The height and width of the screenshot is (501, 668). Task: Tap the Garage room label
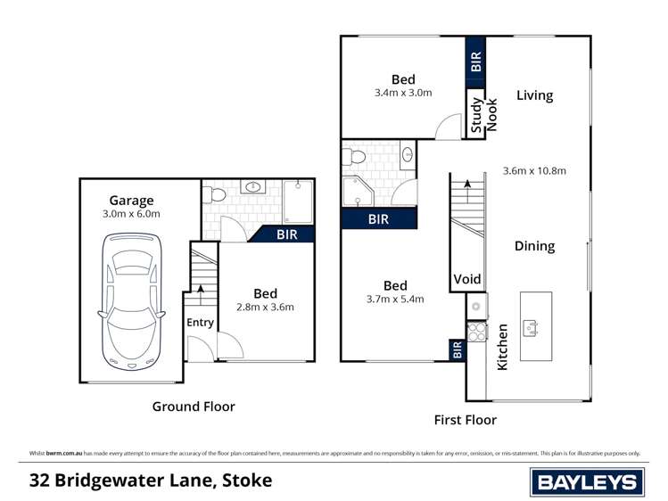click(131, 201)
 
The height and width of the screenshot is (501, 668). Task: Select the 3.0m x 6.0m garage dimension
click(131, 214)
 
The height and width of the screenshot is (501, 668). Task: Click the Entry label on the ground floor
click(200, 323)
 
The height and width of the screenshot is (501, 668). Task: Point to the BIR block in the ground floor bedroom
click(286, 235)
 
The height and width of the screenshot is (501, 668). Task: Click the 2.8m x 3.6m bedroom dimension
click(265, 308)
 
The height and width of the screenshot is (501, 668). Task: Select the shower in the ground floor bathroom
click(298, 201)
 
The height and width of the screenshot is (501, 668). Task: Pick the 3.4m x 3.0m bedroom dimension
click(403, 93)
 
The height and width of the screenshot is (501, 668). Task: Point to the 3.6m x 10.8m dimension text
click(534, 171)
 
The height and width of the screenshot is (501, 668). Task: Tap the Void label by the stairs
click(467, 279)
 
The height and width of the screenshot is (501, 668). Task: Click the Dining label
click(534, 246)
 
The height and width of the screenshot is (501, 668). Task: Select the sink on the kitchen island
click(532, 328)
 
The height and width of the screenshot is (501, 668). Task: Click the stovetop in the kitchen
click(475, 333)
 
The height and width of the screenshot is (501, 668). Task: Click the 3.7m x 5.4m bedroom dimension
click(395, 300)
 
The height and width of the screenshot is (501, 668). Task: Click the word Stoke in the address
click(245, 481)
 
